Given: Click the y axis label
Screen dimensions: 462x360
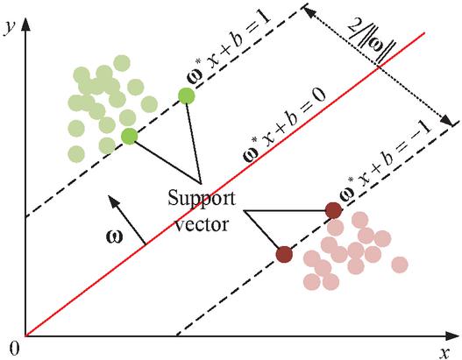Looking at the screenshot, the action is (10, 28).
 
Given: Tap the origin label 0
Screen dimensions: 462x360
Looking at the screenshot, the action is (14, 349).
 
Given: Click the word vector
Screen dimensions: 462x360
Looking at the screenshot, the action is (203, 224).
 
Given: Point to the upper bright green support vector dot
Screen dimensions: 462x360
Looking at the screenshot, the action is (186, 95).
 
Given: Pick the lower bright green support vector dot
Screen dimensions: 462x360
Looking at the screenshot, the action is (130, 137).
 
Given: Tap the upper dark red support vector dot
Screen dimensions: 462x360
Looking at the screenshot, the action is (333, 210).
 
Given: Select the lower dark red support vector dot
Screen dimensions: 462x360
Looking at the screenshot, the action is (284, 254).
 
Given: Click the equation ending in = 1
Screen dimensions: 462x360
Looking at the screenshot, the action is (229, 49).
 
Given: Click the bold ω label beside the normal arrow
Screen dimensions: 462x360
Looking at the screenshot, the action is (114, 237).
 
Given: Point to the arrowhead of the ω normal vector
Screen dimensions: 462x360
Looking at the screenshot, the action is (113, 201).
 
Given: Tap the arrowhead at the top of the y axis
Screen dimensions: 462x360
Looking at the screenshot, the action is (26, 25).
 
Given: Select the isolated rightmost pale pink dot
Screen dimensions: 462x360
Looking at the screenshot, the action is (400, 265).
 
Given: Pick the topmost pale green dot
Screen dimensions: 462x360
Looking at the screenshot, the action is (121, 63).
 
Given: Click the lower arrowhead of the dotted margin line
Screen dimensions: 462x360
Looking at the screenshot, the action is (447, 120).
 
